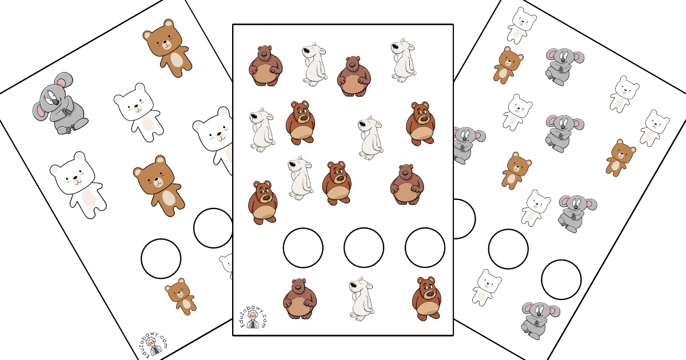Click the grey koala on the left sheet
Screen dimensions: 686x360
coord(59,104)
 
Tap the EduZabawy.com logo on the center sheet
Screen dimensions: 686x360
coord(253,318)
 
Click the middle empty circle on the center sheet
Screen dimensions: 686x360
coord(364,247)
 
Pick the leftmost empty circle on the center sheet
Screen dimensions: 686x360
coord(303,247)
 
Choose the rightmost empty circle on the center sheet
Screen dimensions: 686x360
coord(425,247)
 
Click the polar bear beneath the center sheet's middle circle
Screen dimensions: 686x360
coord(362,299)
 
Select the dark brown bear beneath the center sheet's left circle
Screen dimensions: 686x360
coord(300,299)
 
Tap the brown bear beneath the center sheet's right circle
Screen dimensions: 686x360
coord(426,298)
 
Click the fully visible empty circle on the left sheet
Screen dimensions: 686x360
coord(161,259)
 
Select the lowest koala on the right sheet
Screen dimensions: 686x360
coord(539,321)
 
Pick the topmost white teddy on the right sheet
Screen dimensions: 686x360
coord(521,27)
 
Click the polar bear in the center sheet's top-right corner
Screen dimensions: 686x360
coord(404,61)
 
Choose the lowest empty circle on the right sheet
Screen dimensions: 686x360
coord(561,279)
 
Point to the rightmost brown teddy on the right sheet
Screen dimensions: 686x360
coord(620,158)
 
